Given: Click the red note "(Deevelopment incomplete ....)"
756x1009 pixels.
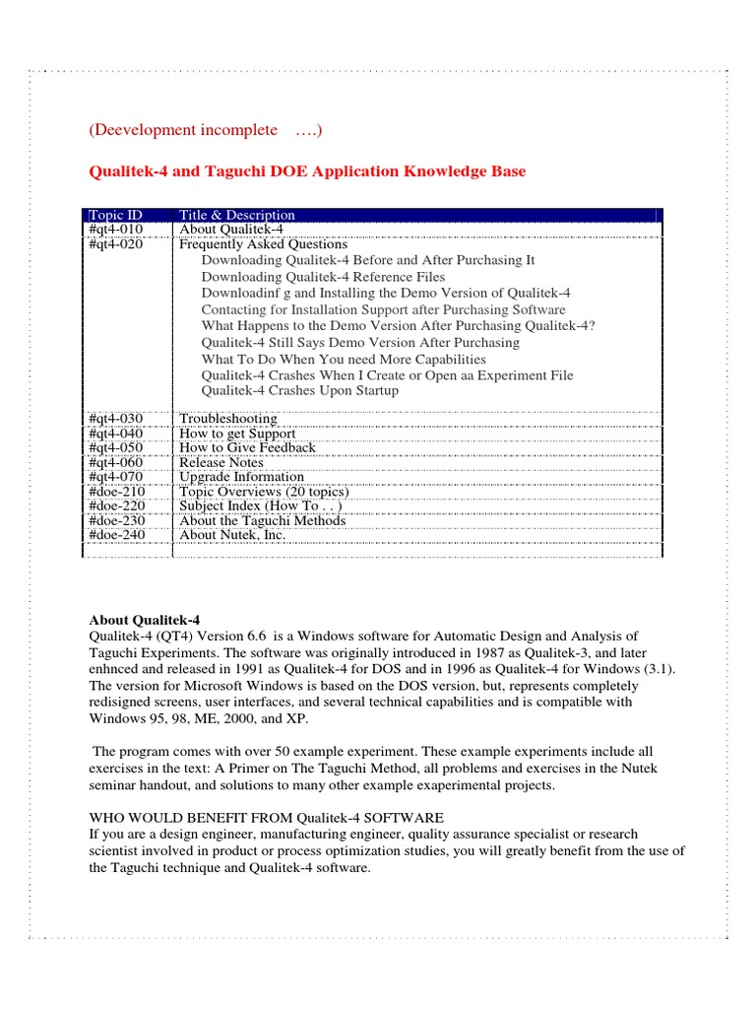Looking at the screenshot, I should (206, 131).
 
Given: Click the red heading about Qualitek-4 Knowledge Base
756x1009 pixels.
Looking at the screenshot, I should (307, 171).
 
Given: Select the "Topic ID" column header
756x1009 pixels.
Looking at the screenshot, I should (116, 215).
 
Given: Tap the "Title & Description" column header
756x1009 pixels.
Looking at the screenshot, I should (236, 215).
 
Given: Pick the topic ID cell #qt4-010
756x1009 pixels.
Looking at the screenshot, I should (116, 229).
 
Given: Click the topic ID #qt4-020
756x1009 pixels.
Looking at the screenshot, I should (116, 244).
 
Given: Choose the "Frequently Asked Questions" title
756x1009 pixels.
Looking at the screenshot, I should (263, 244).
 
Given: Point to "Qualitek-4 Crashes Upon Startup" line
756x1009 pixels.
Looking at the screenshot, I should (300, 390).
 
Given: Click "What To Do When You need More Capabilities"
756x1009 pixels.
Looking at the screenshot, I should (344, 359).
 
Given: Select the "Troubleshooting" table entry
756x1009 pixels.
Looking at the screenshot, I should (227, 419).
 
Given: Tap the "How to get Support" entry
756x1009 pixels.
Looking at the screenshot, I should (237, 434).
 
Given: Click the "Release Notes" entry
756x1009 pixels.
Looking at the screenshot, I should (221, 462).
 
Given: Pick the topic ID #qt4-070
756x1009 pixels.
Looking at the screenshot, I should (116, 477).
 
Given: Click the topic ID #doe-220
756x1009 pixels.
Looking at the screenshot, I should (117, 505).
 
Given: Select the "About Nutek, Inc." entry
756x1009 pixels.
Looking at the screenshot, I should (232, 534).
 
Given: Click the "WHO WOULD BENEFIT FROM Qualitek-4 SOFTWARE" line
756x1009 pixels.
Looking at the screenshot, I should (267, 818).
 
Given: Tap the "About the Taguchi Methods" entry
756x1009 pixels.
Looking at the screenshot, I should (262, 520).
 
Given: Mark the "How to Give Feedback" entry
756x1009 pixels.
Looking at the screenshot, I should (247, 447).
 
